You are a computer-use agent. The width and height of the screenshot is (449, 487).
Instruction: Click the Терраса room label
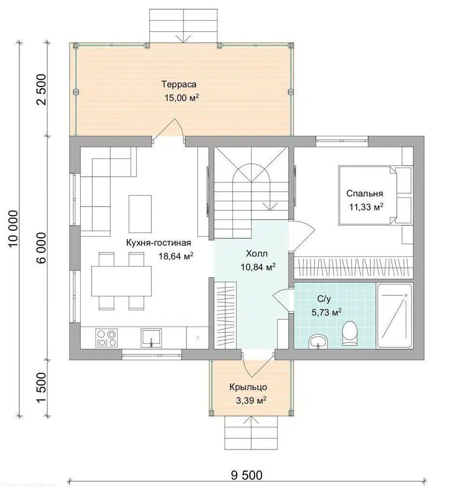(179, 84)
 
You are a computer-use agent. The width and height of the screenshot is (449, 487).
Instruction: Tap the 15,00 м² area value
(182, 98)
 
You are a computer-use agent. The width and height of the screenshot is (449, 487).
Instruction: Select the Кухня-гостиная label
(158, 243)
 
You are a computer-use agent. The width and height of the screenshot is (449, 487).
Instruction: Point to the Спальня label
(364, 194)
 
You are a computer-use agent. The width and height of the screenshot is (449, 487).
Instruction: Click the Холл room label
(256, 254)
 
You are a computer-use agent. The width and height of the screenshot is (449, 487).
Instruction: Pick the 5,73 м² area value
(327, 312)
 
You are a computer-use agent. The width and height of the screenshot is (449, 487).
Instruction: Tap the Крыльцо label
(248, 387)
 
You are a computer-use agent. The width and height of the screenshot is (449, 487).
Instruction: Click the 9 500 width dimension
(246, 475)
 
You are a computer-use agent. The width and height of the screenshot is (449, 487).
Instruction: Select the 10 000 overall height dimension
(13, 229)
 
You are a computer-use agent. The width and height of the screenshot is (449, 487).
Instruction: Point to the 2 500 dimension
(41, 89)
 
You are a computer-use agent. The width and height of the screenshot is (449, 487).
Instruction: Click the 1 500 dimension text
(41, 387)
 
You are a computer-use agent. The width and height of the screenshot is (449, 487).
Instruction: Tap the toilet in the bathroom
(350, 333)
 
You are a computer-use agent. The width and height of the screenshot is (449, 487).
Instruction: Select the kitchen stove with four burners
(107, 338)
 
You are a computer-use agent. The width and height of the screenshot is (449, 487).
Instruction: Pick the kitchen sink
(151, 338)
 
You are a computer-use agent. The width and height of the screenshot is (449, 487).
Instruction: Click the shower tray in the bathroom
(394, 316)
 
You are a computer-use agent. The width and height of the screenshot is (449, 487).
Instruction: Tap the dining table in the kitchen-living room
(121, 281)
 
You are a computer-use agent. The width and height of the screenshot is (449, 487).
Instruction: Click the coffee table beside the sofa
(140, 214)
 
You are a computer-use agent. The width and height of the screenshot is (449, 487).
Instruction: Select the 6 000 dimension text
(41, 247)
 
